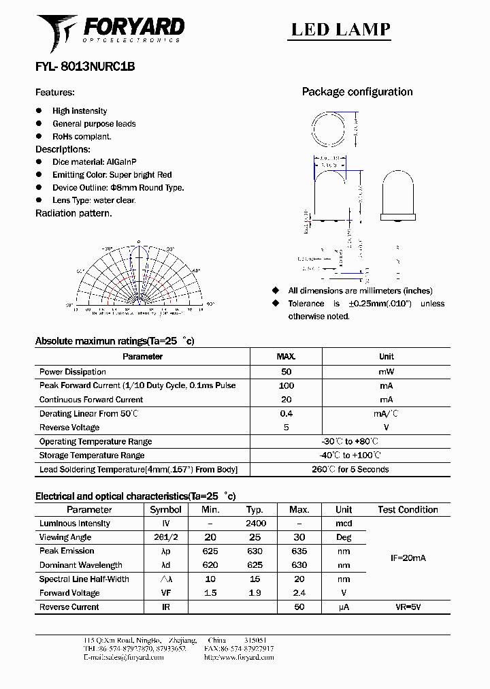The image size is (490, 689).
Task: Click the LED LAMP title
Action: click(341, 29)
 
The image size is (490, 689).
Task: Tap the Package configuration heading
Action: click(357, 92)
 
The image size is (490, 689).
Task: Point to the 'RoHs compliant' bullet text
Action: click(82, 136)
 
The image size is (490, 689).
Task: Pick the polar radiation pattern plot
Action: click(139, 279)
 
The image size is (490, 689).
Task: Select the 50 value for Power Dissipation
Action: click(286, 372)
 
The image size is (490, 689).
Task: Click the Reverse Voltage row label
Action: click(69, 428)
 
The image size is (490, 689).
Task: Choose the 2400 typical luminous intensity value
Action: click(255, 524)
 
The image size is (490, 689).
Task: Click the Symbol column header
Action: click(165, 509)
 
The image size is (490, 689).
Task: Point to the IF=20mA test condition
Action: click(408, 558)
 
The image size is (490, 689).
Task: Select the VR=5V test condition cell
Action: click(408, 607)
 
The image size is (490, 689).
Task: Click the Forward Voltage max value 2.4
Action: click(299, 593)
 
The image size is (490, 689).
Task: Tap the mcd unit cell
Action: click(344, 524)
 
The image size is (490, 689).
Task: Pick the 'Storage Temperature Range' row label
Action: click(92, 455)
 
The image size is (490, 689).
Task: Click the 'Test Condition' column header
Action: click(408, 509)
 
